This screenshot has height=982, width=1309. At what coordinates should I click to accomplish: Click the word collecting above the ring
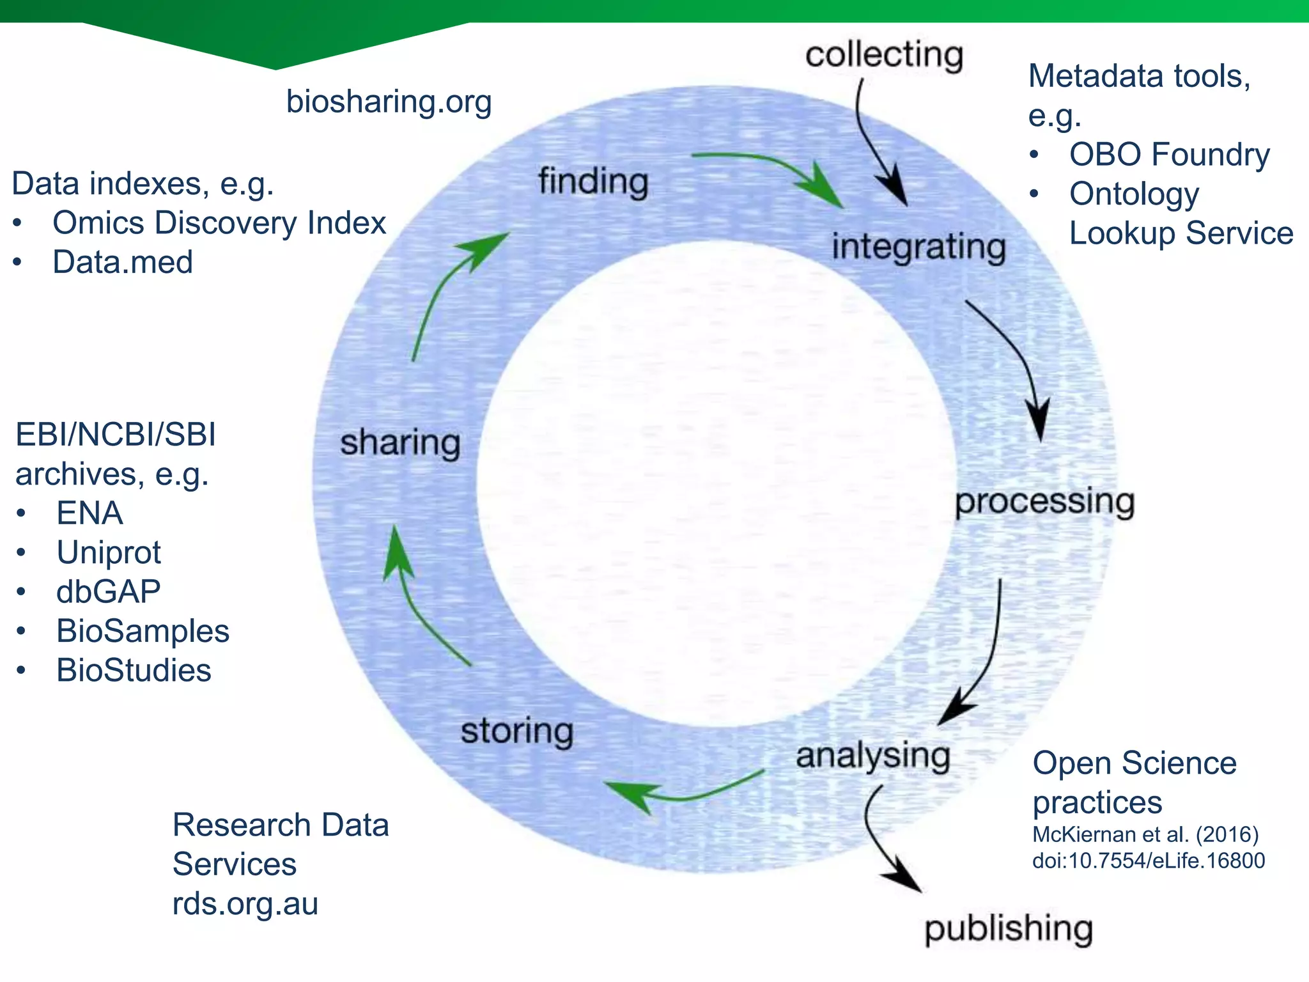pos(884,55)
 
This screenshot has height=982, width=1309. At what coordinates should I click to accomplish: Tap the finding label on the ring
pos(593,182)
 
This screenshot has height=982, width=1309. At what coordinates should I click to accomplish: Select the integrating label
pos(918,247)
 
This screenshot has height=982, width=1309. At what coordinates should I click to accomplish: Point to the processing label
pos(1044,502)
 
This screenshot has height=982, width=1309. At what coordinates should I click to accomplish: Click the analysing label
pos(873,756)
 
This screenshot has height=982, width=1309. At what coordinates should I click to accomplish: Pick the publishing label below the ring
pos(1009,928)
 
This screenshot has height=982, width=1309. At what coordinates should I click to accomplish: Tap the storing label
pos(517,731)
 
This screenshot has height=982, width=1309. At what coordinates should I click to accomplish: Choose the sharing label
pos(400,443)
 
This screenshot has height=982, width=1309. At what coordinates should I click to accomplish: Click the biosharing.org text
pos(389,102)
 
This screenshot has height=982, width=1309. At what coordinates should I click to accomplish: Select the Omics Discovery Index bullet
pos(219,223)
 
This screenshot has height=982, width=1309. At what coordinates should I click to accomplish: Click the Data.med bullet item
pos(123,262)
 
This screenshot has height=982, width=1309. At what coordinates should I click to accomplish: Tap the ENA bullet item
pos(89,513)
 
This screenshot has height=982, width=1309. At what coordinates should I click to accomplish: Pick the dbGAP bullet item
pos(109,591)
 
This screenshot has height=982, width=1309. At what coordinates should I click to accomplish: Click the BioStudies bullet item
pos(134,671)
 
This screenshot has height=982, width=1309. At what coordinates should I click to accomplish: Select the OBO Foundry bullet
pos(1169,155)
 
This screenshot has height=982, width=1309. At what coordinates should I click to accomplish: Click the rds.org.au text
pos(245,904)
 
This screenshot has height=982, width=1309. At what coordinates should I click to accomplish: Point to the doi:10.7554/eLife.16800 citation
pos(1149,861)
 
